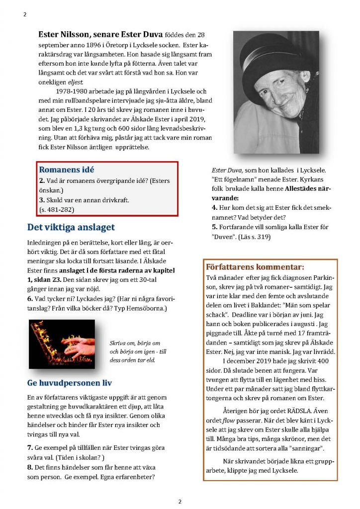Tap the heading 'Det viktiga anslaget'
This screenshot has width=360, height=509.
71,227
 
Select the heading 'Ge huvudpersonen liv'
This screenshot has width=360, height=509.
69,383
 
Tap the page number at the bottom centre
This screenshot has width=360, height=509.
180,501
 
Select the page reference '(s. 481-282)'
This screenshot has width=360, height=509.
57,210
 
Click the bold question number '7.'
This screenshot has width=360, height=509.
29,448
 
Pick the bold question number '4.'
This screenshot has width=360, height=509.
215,207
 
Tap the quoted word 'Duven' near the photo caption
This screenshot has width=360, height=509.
223,237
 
